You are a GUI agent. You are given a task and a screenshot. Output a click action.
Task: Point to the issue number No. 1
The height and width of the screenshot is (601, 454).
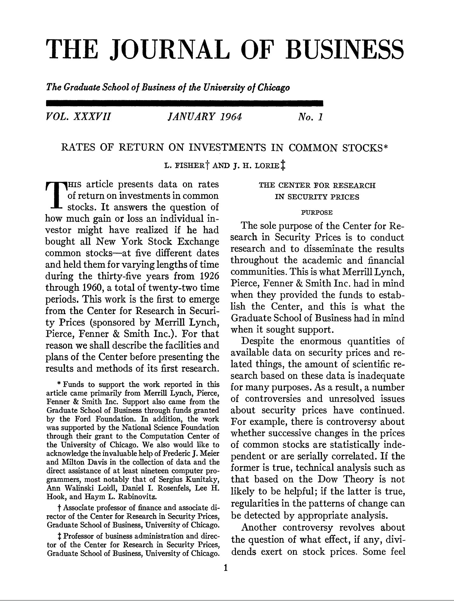[x=310, y=117]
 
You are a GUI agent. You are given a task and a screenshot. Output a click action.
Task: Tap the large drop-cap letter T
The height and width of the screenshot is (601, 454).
[x=56, y=196]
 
